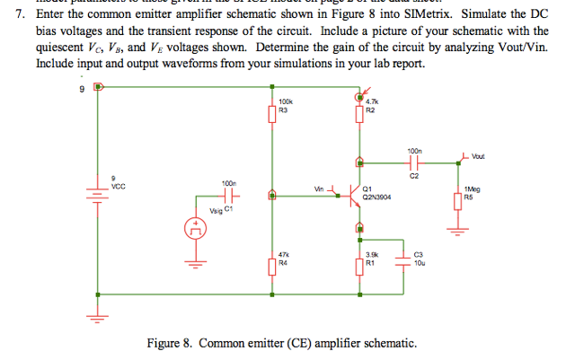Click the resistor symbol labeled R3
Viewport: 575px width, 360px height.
pos(271,115)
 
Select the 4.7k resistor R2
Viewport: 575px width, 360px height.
pos(359,115)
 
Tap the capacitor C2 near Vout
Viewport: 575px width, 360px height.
pos(413,163)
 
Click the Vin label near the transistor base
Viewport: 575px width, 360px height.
pos(319,189)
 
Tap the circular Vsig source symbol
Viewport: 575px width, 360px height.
pos(192,230)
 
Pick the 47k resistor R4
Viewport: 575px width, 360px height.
pos(271,267)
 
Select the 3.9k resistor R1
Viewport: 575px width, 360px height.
pos(359,266)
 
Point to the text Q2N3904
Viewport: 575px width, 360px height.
pos(376,197)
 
